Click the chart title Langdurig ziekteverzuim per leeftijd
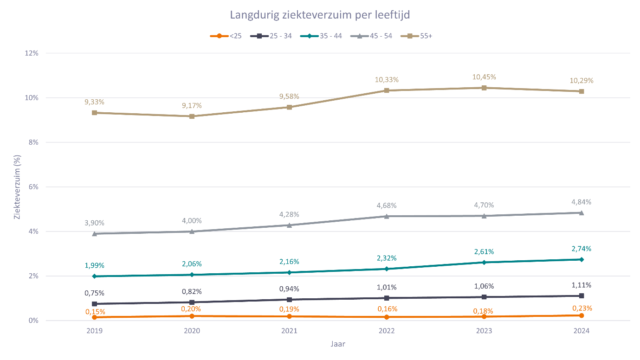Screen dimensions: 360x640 pyautogui.click(x=320, y=15)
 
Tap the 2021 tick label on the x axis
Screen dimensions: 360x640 pyautogui.click(x=289, y=331)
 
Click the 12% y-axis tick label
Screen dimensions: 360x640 pyautogui.click(x=31, y=53)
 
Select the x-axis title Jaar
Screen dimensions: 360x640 pyautogui.click(x=338, y=344)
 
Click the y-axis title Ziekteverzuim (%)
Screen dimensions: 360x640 pyautogui.click(x=17, y=186)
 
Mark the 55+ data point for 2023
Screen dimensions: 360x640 pyautogui.click(x=484, y=88)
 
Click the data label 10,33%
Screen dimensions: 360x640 pyautogui.click(x=387, y=80)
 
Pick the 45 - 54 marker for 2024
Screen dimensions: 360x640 pyautogui.click(x=582, y=212)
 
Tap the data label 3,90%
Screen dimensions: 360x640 pyautogui.click(x=95, y=223)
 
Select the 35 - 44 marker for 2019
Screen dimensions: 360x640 pyautogui.click(x=95, y=276)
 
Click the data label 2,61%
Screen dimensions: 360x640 pyautogui.click(x=484, y=251)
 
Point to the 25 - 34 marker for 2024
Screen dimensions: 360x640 pyautogui.click(x=582, y=296)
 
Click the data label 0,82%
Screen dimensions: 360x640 pyautogui.click(x=192, y=291)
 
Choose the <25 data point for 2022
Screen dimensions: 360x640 pyautogui.click(x=387, y=317)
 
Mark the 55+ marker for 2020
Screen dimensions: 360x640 pyautogui.click(x=192, y=116)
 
